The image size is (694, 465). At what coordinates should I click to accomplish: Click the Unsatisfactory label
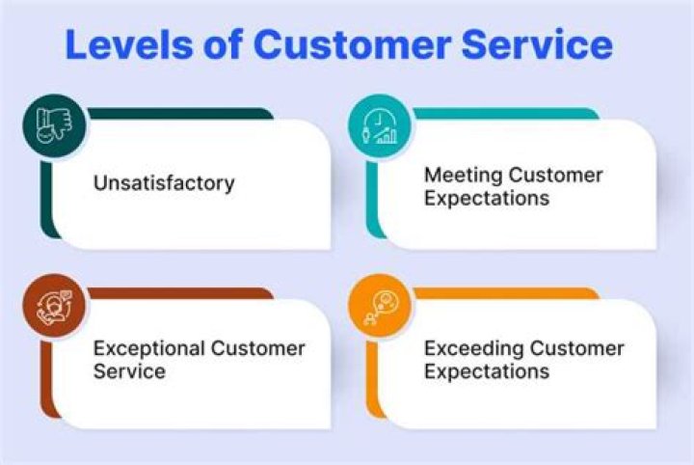pyautogui.click(x=164, y=182)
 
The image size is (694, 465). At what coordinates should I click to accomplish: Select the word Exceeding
pyautogui.click(x=467, y=348)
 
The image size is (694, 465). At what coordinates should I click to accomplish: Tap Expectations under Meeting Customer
pyautogui.click(x=487, y=199)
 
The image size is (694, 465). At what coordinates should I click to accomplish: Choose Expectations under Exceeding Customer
pyautogui.click(x=487, y=371)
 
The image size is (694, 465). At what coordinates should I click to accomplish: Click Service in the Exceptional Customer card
pyautogui.click(x=129, y=371)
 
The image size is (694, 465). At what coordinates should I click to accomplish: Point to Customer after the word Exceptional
pyautogui.click(x=258, y=348)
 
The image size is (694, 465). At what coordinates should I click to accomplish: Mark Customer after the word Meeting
pyautogui.click(x=555, y=176)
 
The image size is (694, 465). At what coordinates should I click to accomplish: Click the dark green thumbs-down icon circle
pyautogui.click(x=55, y=125)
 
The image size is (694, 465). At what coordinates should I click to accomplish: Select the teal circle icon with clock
pyautogui.click(x=380, y=125)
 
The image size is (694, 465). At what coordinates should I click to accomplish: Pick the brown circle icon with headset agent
pyautogui.click(x=55, y=307)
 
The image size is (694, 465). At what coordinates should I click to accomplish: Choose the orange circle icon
pyautogui.click(x=380, y=307)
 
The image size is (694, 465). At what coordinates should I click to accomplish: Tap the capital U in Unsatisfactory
pyautogui.click(x=99, y=182)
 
